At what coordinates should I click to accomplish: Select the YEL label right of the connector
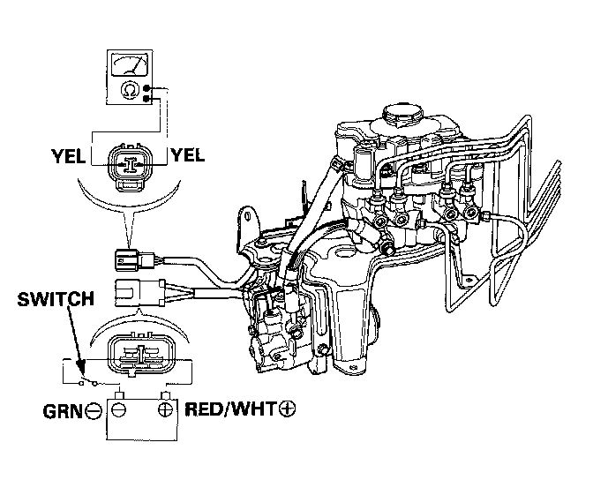(187, 156)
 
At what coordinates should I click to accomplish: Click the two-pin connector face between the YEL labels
(128, 162)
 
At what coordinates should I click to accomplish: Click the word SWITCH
(55, 300)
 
